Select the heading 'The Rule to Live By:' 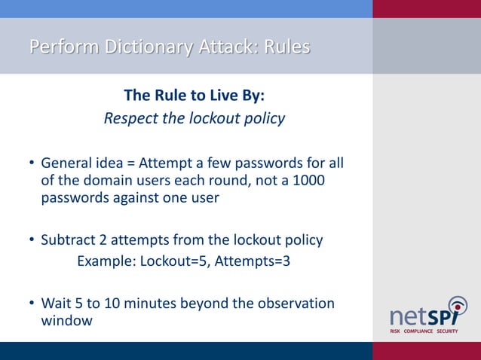pyautogui.click(x=194, y=96)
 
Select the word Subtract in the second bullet pyautogui.click(x=68, y=240)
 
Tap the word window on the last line pyautogui.click(x=66, y=322)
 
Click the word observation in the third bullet pyautogui.click(x=295, y=304)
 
